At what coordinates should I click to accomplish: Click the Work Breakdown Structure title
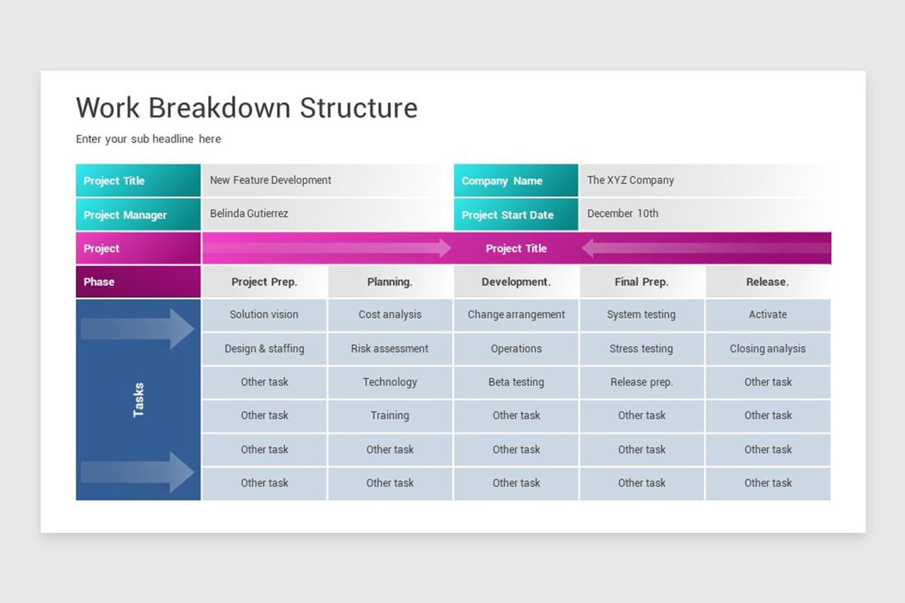247,108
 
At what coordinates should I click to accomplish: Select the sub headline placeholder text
149,139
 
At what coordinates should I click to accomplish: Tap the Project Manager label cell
138,215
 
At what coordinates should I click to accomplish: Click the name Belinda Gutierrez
249,214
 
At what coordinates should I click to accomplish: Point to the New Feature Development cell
271,180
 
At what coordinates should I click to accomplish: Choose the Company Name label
516,181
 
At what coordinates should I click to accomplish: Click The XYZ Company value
630,180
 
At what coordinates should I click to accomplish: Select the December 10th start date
623,214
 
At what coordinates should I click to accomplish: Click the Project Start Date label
516,215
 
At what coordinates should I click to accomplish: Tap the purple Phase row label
138,282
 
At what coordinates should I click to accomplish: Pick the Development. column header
516,282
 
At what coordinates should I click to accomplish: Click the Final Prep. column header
642,282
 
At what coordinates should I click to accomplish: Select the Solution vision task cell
264,315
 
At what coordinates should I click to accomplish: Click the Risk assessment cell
390,349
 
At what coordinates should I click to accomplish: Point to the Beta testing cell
516,382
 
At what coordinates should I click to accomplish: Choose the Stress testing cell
642,349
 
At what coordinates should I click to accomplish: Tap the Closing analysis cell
768,349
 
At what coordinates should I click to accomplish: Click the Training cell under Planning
390,415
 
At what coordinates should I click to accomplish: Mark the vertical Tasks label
139,399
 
